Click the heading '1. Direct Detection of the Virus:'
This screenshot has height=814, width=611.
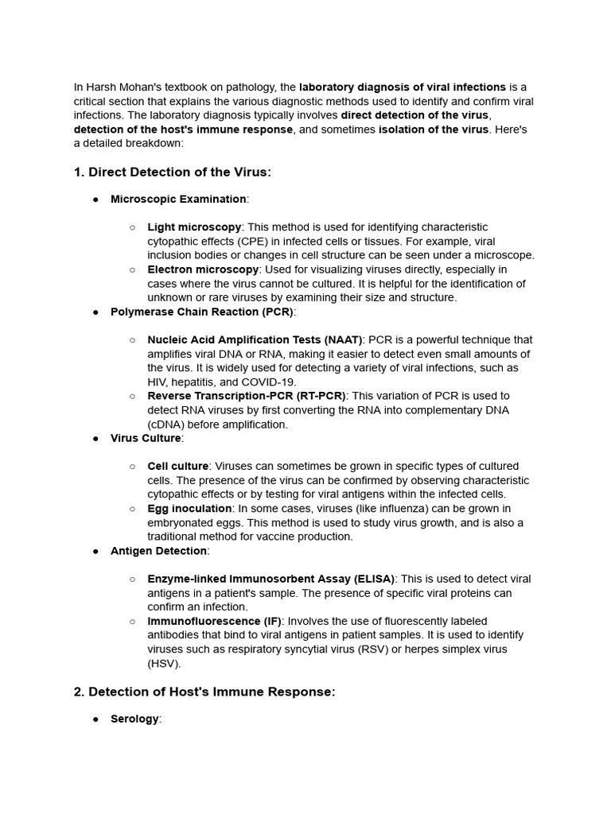pyautogui.click(x=173, y=172)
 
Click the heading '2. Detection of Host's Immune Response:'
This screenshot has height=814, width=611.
pyautogui.click(x=204, y=692)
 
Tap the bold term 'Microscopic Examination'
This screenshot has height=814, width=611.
pyautogui.click(x=178, y=199)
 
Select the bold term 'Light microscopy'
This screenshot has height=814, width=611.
pyautogui.click(x=194, y=227)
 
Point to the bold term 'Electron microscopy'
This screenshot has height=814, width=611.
pyautogui.click(x=203, y=269)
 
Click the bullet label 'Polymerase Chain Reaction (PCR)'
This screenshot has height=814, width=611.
pyautogui.click(x=201, y=312)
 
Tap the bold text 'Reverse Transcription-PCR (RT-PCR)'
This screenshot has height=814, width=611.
pyautogui.click(x=246, y=396)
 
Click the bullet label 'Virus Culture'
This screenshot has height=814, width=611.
pyautogui.click(x=146, y=438)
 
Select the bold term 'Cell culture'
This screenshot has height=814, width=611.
pyautogui.click(x=178, y=466)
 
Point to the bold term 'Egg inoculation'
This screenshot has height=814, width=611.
pyautogui.click(x=189, y=508)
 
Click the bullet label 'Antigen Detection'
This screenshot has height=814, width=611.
pyautogui.click(x=159, y=550)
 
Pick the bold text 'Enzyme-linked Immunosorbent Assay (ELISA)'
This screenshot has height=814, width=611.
pyautogui.click(x=270, y=579)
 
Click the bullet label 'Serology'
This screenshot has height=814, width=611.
pyautogui.click(x=134, y=719)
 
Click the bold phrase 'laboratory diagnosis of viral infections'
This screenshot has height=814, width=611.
pyautogui.click(x=403, y=87)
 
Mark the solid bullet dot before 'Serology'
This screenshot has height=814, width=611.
pyautogui.click(x=95, y=719)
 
